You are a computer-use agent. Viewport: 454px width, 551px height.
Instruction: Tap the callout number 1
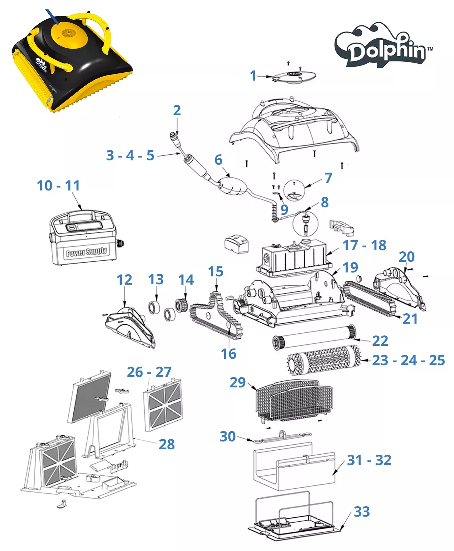click(x=253, y=76)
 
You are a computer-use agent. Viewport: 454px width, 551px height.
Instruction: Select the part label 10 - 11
click(x=58, y=185)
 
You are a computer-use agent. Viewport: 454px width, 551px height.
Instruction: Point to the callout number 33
click(x=362, y=512)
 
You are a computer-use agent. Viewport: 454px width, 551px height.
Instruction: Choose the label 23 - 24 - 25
click(x=408, y=360)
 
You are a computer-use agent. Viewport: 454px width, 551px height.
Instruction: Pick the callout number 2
click(x=177, y=110)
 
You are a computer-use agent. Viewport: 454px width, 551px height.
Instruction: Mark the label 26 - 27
click(x=149, y=372)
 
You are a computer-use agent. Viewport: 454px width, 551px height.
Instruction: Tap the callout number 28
click(x=166, y=444)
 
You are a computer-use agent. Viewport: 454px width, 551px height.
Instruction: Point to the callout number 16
click(x=228, y=354)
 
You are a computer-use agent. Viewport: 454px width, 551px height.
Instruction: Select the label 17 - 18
click(x=364, y=245)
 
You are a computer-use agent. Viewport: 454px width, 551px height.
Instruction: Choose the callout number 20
click(x=406, y=257)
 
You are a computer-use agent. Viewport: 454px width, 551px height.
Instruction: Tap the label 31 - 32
click(x=369, y=460)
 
